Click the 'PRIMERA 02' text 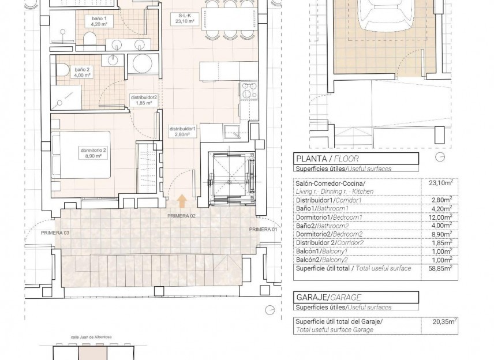[x=182, y=216]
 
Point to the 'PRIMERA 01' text [x=263, y=230]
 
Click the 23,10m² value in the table [x=441, y=183]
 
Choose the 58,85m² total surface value [x=441, y=268]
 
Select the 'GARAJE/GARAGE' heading [x=328, y=298]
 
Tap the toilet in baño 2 [x=62, y=70]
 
